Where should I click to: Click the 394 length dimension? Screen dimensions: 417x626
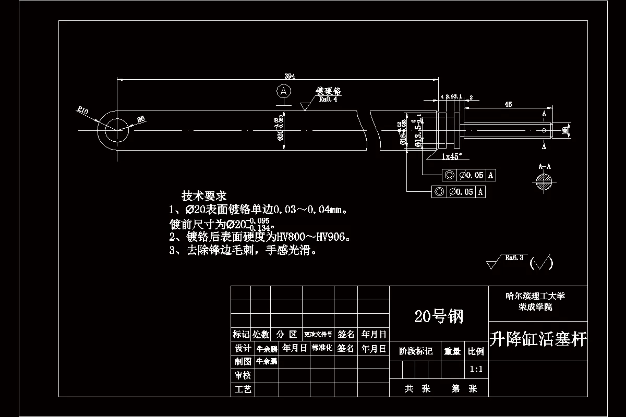(290, 76)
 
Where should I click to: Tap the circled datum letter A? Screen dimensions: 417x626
(283, 91)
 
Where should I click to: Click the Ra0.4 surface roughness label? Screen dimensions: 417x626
(328, 99)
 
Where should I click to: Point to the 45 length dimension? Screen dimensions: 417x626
(508, 105)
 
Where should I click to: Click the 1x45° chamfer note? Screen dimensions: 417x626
(452, 156)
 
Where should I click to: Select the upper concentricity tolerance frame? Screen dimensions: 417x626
(468, 175)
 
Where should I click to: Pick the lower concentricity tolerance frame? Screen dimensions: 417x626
(458, 192)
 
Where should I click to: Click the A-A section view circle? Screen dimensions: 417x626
(544, 181)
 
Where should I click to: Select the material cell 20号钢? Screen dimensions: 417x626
(439, 315)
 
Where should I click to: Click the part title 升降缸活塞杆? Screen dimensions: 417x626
(538, 340)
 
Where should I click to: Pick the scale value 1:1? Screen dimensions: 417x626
(476, 370)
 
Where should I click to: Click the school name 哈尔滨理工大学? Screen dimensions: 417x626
(535, 296)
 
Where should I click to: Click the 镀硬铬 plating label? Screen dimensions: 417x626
(329, 91)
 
